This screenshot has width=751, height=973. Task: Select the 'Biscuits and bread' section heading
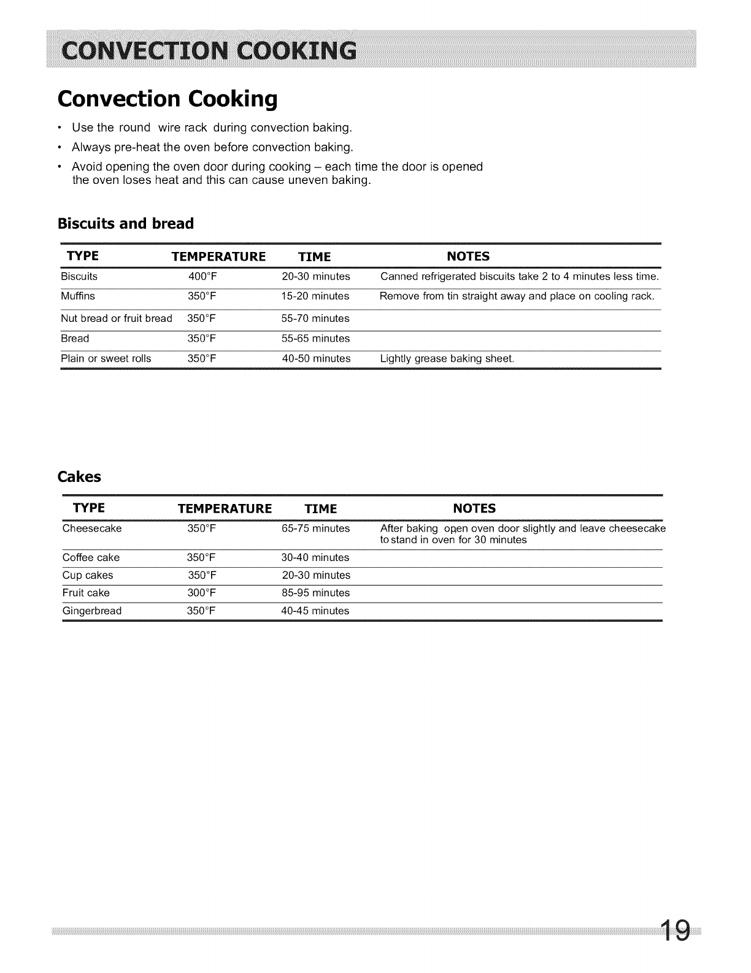coord(125,224)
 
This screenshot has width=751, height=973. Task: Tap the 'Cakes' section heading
coord(79,476)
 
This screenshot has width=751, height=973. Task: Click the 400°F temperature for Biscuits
coord(202,277)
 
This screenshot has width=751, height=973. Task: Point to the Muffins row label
coord(78,296)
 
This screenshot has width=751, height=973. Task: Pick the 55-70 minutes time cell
coord(315,318)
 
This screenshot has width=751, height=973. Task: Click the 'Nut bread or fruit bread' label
coord(117,318)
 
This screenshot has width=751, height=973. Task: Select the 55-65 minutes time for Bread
coord(315,338)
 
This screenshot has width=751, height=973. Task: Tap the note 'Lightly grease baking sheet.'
coord(447,359)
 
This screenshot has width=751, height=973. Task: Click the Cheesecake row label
coord(92,528)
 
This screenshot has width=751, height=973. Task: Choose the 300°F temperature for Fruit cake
coord(201,593)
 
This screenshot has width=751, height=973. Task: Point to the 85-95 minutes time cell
coord(315,593)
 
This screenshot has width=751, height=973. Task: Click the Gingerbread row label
coord(92,611)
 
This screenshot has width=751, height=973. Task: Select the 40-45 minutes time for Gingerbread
coord(315,611)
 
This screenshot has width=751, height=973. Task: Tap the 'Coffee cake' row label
coord(91,558)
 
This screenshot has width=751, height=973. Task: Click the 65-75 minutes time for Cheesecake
coord(315,528)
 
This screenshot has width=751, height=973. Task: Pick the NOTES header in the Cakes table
coord(474,509)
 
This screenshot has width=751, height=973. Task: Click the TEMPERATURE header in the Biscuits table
coord(218,256)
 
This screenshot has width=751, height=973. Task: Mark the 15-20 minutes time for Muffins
coord(315,296)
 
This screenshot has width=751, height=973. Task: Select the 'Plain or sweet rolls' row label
coord(106,359)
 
